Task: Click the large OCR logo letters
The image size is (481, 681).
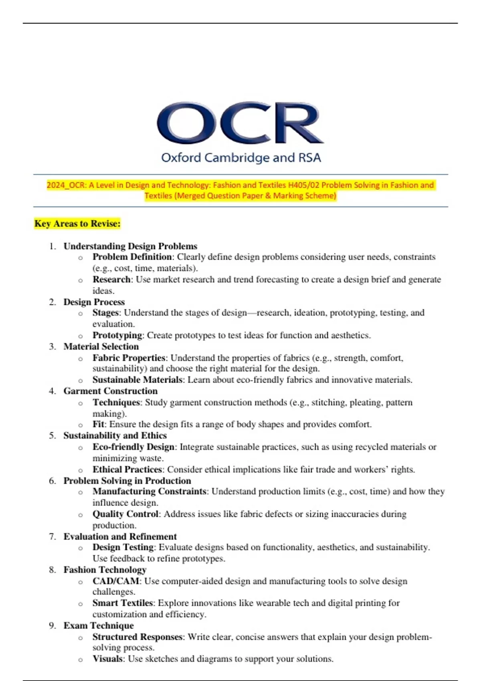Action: [x=240, y=123]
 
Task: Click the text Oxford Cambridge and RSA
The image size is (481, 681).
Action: [x=241, y=158]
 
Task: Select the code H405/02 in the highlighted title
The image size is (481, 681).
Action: [x=303, y=185]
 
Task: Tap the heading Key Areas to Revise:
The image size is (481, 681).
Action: [x=77, y=224]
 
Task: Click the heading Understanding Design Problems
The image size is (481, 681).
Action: [x=130, y=246]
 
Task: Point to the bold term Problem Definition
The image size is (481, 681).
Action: [x=132, y=257]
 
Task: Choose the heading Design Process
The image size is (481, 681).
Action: [x=94, y=302]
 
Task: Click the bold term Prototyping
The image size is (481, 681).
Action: [x=117, y=335]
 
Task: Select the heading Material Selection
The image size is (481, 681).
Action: [x=101, y=347]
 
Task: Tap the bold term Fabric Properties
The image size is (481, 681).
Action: [x=129, y=358]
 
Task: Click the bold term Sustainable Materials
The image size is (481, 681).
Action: [x=137, y=380]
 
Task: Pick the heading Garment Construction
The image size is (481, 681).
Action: [x=110, y=391]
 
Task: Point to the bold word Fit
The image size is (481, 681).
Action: [x=98, y=424]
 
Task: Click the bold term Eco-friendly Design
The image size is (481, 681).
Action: [x=133, y=447]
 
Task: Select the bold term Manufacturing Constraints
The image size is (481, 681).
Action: [x=149, y=492]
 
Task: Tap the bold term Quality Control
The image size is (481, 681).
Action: [x=125, y=514]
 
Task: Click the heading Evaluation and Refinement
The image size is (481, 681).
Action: [x=120, y=536]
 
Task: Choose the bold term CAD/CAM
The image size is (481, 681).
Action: [x=116, y=581]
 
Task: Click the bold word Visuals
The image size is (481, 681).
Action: [x=107, y=659]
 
